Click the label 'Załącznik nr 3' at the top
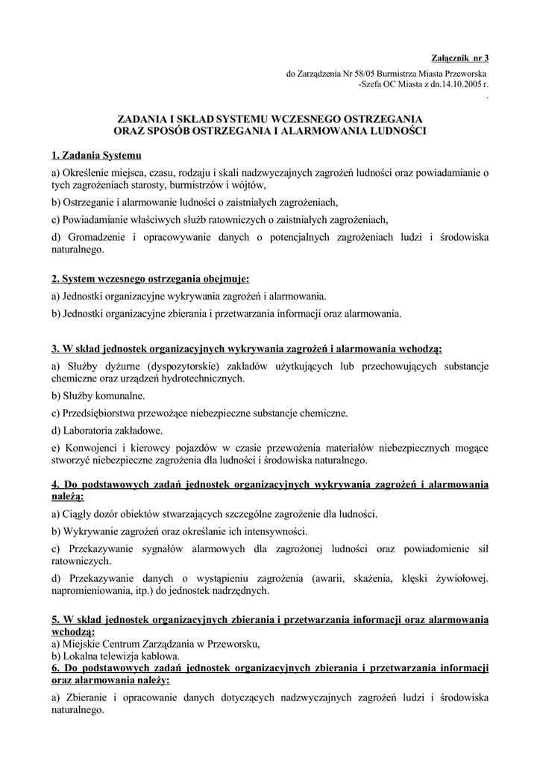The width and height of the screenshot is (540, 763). coord(460,57)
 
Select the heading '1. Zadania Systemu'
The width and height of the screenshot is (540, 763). coord(96,156)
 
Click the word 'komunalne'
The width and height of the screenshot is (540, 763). coord(119,395)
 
